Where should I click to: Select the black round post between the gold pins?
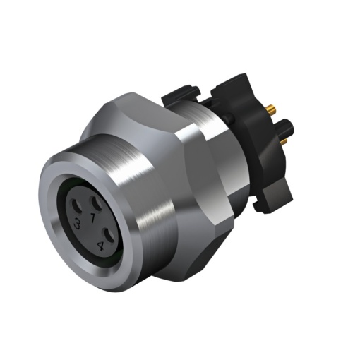[281, 129]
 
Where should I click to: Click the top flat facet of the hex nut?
[152, 113]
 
